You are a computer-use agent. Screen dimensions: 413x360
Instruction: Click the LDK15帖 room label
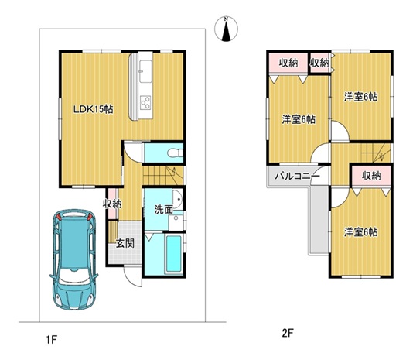(x=94, y=109)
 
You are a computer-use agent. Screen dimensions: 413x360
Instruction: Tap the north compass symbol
(x=226, y=29)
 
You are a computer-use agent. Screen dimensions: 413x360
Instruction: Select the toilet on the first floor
(x=175, y=153)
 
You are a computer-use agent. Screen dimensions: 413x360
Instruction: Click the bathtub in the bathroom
(x=173, y=254)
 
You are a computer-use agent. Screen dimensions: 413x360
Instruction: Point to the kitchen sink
(x=145, y=71)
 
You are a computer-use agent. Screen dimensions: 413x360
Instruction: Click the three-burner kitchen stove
(x=145, y=102)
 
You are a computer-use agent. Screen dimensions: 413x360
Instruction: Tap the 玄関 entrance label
(x=125, y=243)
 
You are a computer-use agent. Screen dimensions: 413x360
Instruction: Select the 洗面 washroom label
(x=163, y=210)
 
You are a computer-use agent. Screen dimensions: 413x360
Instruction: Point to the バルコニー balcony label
(x=297, y=176)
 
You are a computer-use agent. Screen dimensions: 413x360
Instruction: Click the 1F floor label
(x=52, y=340)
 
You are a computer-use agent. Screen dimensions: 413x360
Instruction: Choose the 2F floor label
(x=288, y=334)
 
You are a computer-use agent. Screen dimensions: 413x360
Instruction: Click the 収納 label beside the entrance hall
(x=112, y=204)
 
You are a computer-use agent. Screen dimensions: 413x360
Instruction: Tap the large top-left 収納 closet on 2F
(x=288, y=63)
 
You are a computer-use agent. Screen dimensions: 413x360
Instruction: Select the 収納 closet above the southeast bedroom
(x=371, y=176)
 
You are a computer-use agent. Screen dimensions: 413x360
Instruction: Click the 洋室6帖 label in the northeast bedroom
(x=361, y=97)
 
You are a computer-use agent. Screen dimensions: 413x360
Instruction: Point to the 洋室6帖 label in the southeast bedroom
(x=361, y=232)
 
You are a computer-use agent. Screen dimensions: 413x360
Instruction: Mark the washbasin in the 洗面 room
(x=177, y=200)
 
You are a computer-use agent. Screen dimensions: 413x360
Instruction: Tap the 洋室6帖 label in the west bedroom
(x=299, y=119)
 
